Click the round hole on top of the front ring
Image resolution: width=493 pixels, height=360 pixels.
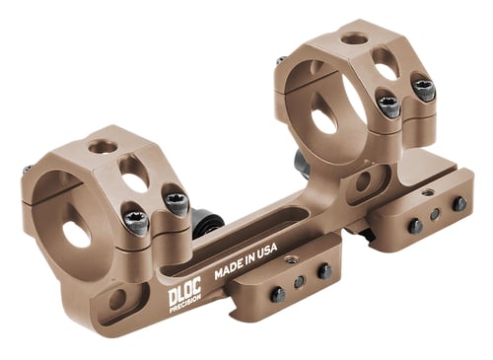pyautogui.click(x=100, y=147)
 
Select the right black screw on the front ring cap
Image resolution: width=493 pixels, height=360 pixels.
pyautogui.click(x=176, y=202)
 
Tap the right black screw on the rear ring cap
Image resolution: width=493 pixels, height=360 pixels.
pyautogui.click(x=424, y=90)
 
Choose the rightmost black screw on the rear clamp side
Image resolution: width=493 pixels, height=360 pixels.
pyautogui.click(x=459, y=204)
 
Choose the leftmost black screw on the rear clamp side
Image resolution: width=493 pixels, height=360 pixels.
pyautogui.click(x=415, y=226)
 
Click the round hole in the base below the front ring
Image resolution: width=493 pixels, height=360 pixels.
pyautogui.click(x=117, y=297)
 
